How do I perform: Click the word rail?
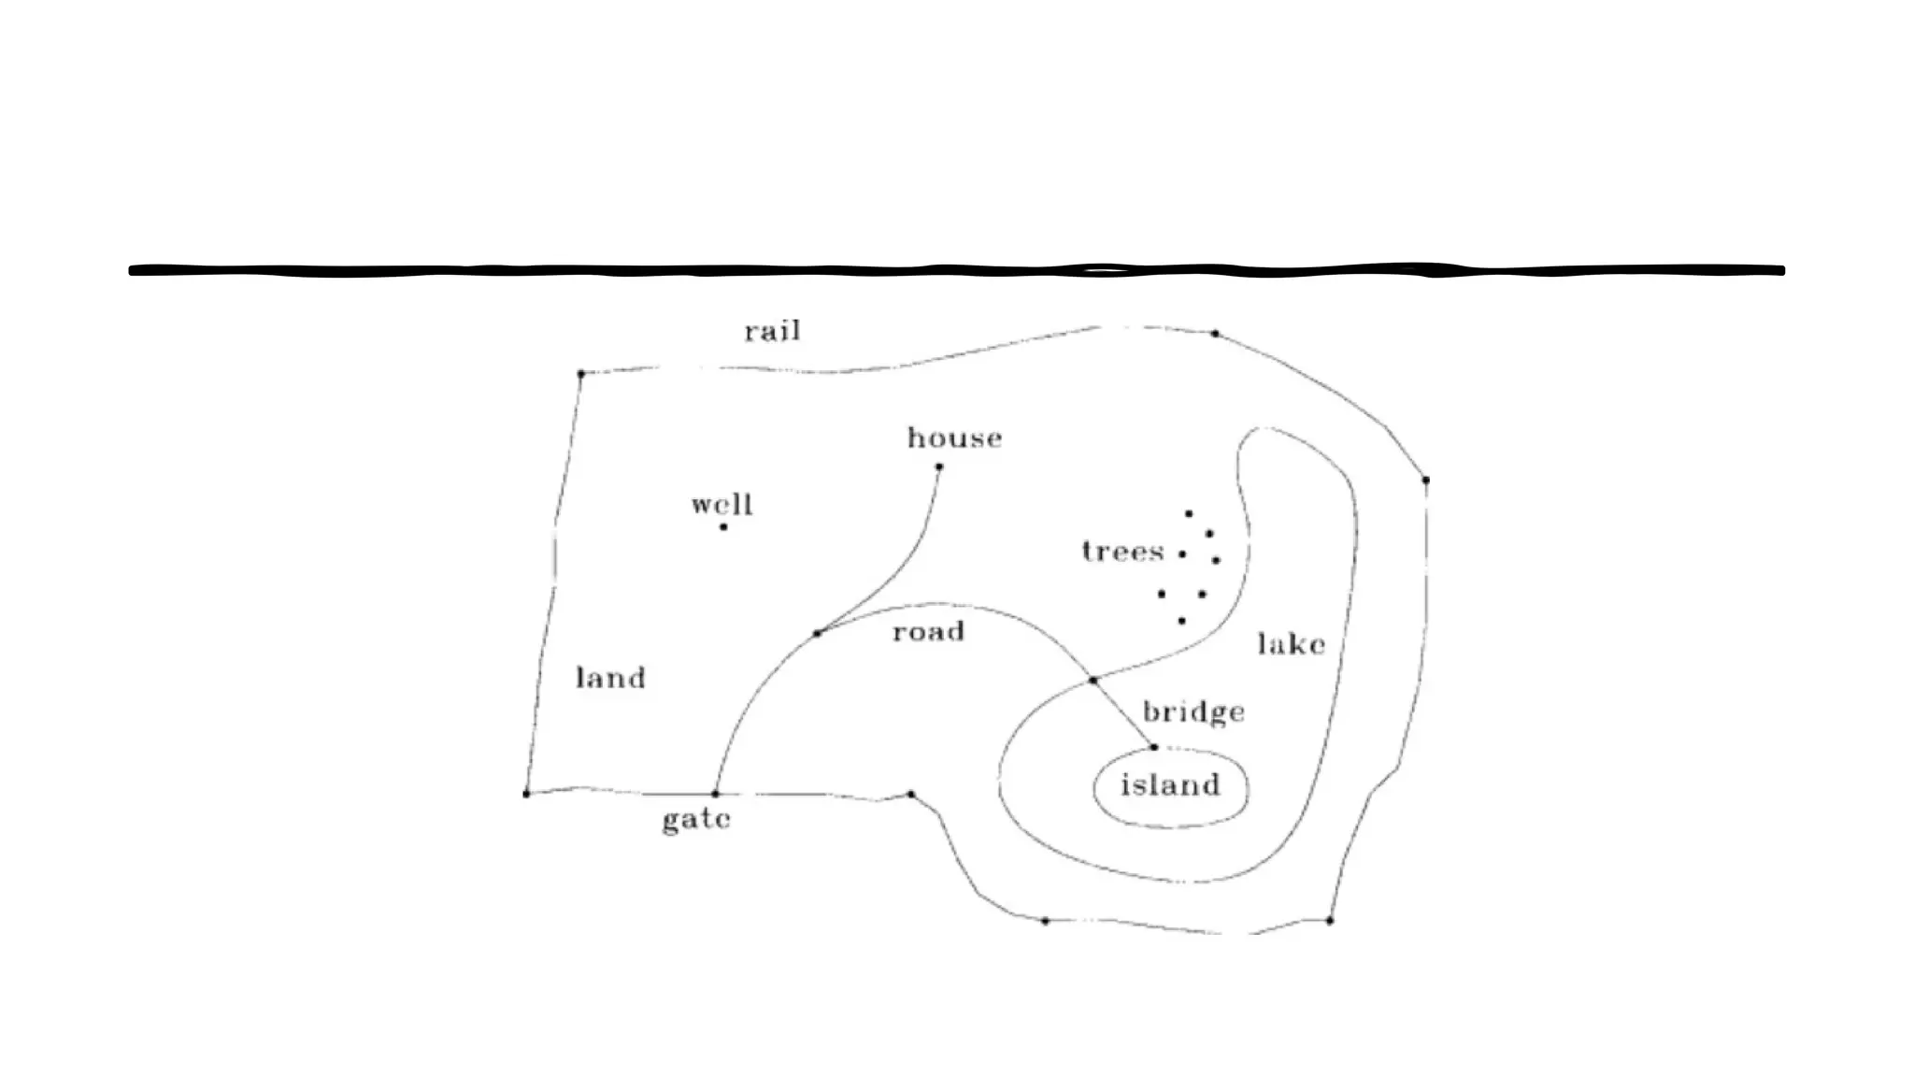772,332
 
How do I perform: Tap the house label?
954,438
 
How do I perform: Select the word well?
721,505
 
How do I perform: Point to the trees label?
1122,551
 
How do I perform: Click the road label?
928,632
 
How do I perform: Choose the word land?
610,678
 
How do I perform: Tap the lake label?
1291,644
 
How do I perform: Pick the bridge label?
1193,712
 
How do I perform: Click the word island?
1170,785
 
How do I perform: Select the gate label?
696,820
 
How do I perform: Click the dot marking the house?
939,467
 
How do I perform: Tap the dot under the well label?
723,527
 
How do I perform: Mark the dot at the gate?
716,794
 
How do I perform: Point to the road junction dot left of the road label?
818,634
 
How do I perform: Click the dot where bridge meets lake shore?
1093,681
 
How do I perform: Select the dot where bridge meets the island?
1154,747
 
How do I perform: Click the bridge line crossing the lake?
1123,713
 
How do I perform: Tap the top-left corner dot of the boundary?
581,374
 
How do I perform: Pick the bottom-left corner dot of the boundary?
526,794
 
